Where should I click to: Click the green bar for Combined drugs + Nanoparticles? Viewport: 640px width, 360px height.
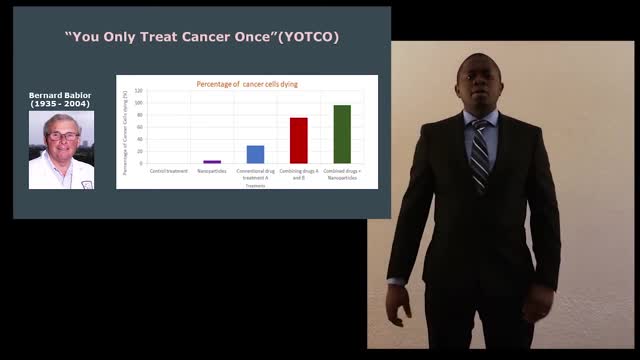[342, 134]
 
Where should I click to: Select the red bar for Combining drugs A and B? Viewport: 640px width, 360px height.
[298, 140]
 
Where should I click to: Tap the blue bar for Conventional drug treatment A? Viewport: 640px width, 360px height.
[255, 154]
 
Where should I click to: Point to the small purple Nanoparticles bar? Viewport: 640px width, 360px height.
[212, 161]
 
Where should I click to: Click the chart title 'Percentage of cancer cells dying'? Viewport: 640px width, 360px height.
[246, 84]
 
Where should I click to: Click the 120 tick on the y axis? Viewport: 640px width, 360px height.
[140, 91]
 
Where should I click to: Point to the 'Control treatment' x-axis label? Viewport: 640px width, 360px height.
[168, 171]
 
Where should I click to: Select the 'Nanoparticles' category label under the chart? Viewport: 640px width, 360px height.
[212, 171]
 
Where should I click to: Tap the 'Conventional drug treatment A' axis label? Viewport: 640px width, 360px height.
[255, 173]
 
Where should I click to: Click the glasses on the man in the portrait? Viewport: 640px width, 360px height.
[62, 134]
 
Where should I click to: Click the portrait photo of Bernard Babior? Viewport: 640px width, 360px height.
[61, 149]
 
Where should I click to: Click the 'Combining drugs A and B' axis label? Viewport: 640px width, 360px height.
[298, 173]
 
